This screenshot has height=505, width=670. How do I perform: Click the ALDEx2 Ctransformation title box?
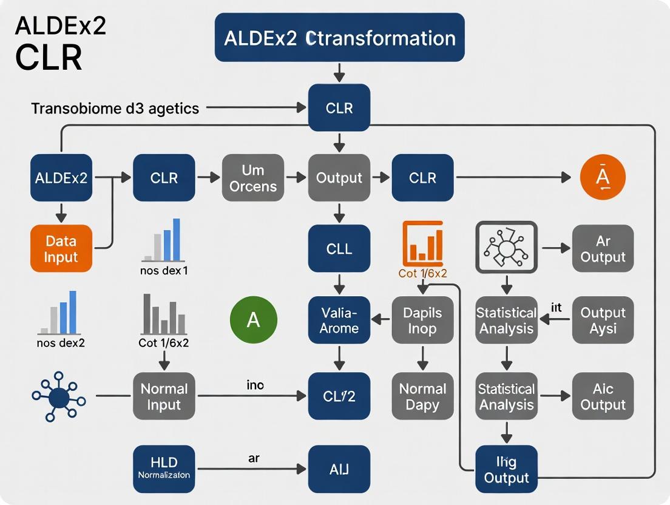point(339,38)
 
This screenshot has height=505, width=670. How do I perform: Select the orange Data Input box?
point(61,248)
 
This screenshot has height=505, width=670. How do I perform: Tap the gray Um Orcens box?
point(253,178)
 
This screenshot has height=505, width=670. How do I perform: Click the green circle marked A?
point(254,319)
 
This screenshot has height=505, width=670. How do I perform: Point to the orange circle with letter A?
point(602,177)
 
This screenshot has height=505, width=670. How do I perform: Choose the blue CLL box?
point(339,248)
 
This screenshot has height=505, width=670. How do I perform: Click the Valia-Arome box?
point(339,320)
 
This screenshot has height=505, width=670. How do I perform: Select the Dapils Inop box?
point(422,320)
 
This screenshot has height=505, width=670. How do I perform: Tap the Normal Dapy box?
point(422,396)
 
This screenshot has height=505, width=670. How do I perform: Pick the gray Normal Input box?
point(164,396)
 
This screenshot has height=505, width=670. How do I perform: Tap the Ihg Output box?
point(506,470)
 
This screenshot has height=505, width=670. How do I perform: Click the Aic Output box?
point(603,396)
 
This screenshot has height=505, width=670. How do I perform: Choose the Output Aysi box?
point(603,320)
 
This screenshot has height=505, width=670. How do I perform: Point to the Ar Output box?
point(603,248)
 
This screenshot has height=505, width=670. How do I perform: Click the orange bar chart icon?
point(423,242)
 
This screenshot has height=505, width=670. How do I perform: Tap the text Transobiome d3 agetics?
point(115,109)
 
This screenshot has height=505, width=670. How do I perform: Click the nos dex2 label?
point(61,342)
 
